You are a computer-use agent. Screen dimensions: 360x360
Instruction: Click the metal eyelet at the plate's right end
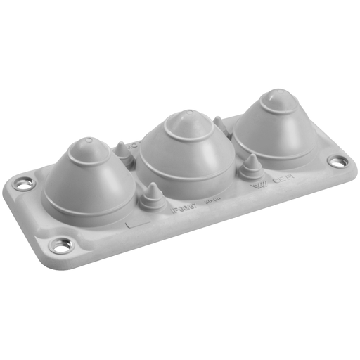pyautogui.click(x=337, y=161)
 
